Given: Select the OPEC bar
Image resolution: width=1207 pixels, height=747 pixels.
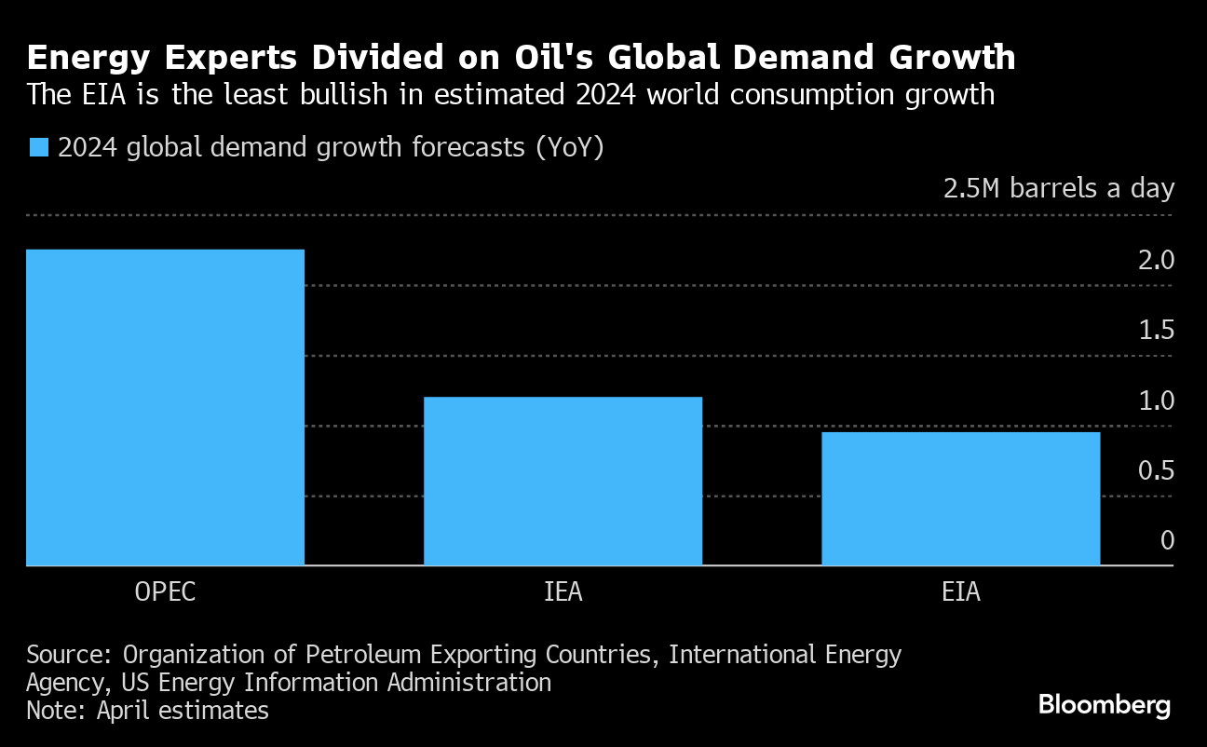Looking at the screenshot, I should pos(165,407).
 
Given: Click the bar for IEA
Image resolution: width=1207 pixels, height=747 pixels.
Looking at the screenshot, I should pos(563,481).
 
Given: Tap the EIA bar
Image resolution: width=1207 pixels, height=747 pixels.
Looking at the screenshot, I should pos(960,498).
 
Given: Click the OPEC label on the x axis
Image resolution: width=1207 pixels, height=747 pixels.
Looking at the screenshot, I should pos(165,592).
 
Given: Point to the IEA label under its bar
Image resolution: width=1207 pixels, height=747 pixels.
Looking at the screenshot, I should pos(563,592).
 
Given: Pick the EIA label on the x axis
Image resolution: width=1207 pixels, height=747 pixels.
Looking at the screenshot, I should pos(960,592).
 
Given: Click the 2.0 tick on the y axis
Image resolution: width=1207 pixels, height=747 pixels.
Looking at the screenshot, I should pos(1155,260).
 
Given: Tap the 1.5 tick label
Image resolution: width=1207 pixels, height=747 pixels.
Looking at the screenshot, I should pos(1155,331).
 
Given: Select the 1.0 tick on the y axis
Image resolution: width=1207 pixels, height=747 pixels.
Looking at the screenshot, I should pos(1155,401).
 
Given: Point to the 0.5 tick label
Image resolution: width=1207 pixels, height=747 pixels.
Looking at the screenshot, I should pos(1155,470).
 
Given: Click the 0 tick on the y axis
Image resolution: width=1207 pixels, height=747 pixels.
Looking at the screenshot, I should pos(1167,540).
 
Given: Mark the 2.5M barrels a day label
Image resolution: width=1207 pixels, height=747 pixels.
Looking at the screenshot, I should pos(1059,189).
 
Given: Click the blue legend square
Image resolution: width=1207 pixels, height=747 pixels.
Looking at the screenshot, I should pos(38,147).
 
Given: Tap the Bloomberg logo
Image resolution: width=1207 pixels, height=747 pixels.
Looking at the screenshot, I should pos(1105,705).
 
